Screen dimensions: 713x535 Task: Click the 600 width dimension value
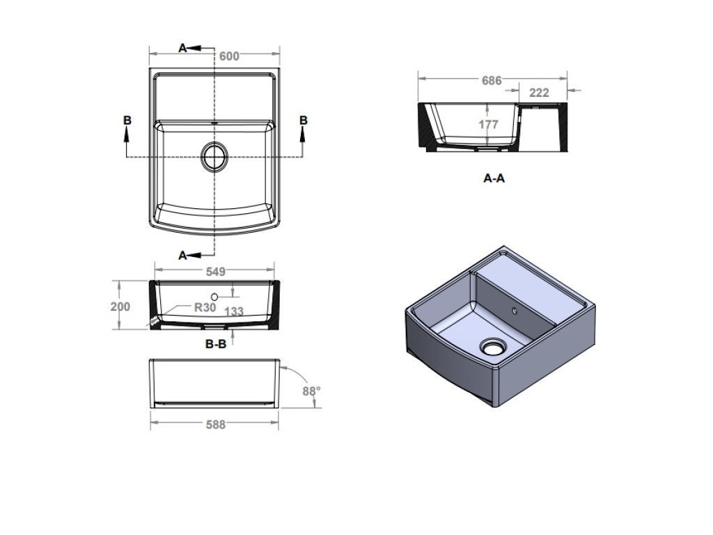pos(229,56)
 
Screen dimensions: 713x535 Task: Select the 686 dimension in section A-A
pos(492,81)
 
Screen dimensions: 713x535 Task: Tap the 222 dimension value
pos(540,93)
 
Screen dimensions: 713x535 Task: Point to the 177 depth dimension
pos(488,124)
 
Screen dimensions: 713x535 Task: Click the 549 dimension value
pos(216,272)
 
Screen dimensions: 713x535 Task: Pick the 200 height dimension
pos(120,307)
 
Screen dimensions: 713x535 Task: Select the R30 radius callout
pos(205,307)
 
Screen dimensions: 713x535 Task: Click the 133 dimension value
pos(234,311)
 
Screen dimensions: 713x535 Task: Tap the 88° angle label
pos(311,391)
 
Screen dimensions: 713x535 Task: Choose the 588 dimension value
pos(216,424)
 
